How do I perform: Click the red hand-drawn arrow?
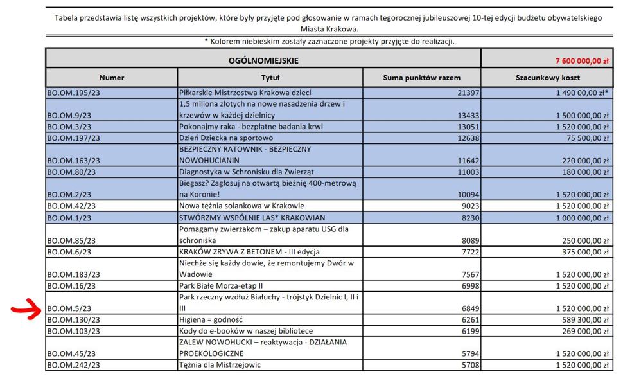point(24,310)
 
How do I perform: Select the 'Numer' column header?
point(111,78)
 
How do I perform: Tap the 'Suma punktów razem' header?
point(421,78)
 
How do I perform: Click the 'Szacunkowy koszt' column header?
point(548,78)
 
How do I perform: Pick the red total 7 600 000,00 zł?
point(581,61)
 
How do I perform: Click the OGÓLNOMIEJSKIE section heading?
point(263,61)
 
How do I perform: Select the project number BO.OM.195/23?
point(73,93)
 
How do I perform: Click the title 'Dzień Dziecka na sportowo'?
point(227,138)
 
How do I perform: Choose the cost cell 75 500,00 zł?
point(582,138)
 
